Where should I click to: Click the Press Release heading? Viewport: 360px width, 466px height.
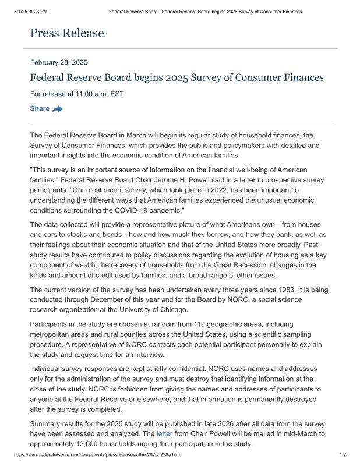(67, 33)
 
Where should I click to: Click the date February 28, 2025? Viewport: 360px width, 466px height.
(59, 62)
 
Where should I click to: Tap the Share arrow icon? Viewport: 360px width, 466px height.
(57, 109)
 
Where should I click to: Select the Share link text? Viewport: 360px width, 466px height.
(40, 108)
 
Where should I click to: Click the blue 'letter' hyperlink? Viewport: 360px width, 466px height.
(164, 434)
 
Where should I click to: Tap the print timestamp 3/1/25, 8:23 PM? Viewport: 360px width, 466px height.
(30, 11)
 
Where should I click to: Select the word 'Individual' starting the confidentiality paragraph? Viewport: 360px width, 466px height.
(48, 369)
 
